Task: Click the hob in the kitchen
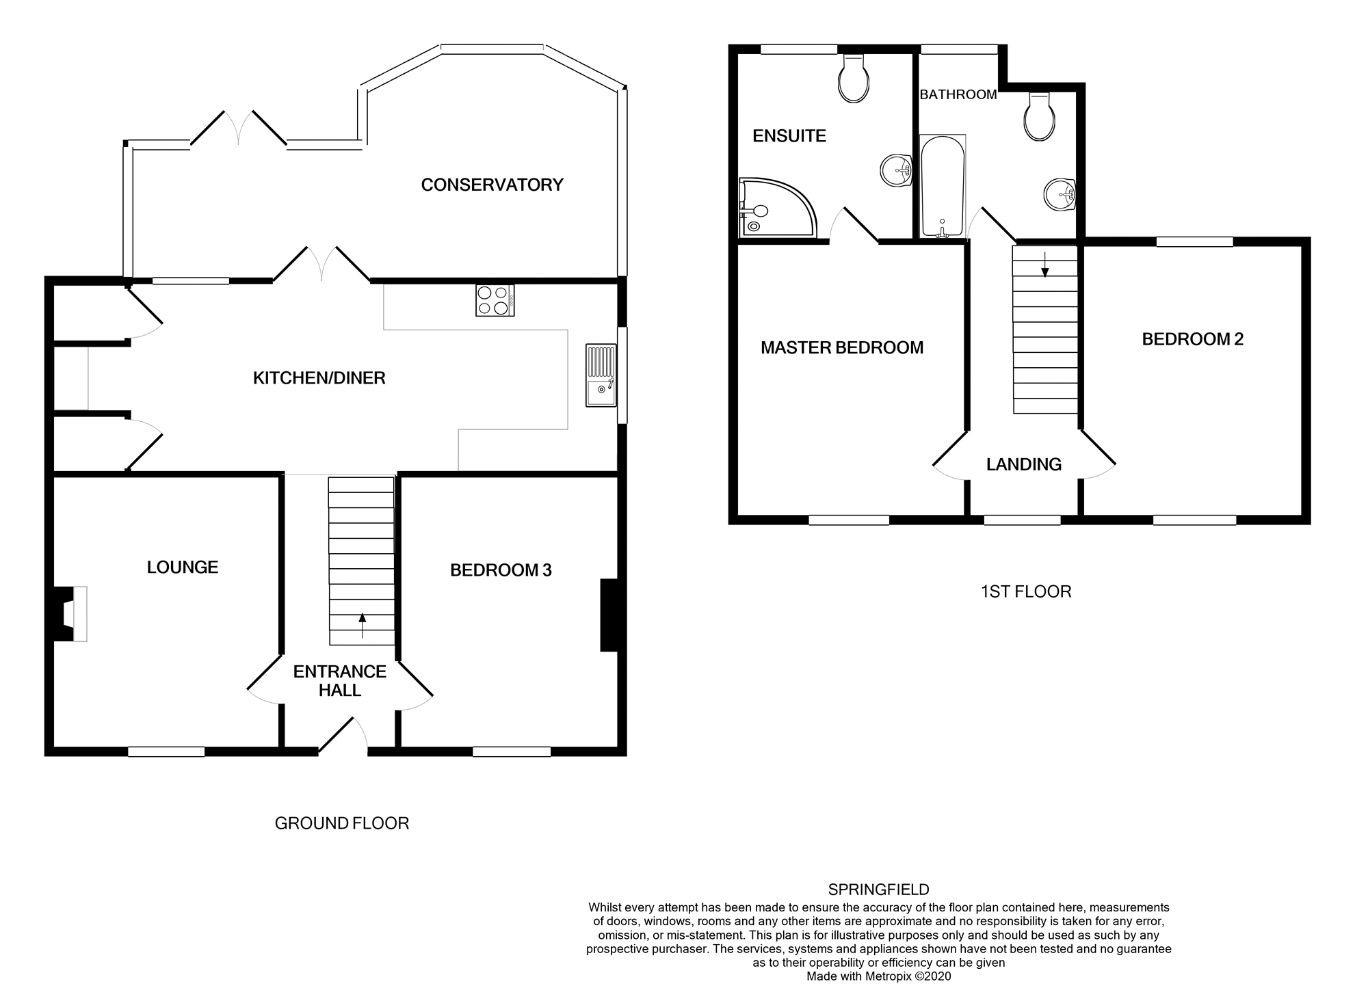pos(495,300)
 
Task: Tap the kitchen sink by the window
pos(601,376)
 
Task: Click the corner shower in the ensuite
pos(773,208)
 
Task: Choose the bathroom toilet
pos(1039,118)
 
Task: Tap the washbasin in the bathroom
pos(1060,194)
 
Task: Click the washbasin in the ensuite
pos(895,170)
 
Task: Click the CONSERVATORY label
pos(492,185)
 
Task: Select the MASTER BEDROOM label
pos(841,347)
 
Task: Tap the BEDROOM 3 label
pos(501,570)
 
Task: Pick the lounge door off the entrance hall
pos(263,677)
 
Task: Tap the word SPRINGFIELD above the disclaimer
pos(878,890)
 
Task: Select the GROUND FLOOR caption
pos(341,823)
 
